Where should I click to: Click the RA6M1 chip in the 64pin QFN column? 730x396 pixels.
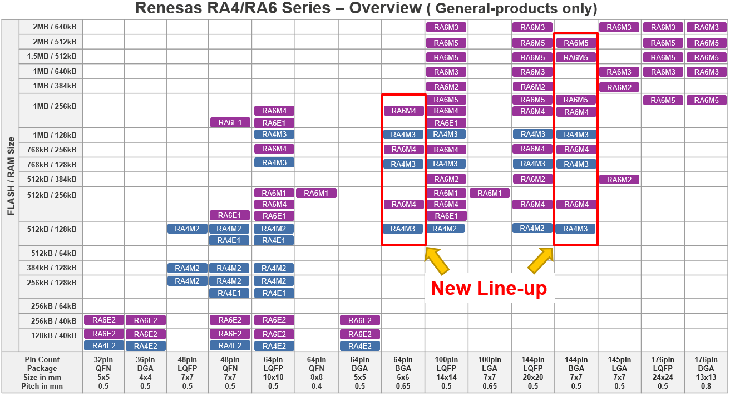316,193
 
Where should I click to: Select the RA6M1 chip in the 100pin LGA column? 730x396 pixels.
489,193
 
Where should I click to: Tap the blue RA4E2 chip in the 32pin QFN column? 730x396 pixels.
103,345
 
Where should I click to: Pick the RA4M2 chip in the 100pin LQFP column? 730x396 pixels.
445,229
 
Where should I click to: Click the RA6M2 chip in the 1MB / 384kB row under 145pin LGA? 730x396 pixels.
619,87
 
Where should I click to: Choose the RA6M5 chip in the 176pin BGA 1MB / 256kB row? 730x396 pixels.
706,100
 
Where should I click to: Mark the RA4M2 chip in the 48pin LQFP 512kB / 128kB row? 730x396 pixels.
188,229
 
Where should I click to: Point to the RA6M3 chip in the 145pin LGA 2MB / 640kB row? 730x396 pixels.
619,27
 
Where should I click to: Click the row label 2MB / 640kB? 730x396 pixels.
54,27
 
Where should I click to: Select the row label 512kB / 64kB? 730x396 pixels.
54,253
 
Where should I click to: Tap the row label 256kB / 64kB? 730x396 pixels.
54,306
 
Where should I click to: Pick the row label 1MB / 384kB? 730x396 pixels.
54,86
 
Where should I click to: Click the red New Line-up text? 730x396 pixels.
489,288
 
